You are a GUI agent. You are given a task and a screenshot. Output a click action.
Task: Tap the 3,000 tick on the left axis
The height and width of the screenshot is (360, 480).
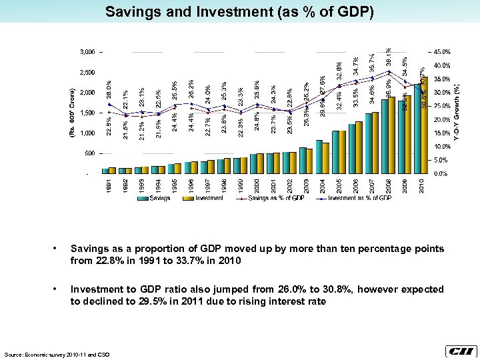(86, 51)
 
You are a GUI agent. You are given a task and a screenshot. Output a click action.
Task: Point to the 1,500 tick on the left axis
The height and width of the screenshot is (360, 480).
(86, 113)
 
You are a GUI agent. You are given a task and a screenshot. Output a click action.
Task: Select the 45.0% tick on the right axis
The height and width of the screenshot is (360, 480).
(441, 51)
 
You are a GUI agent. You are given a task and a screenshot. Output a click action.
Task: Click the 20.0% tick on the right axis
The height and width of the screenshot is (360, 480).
(441, 120)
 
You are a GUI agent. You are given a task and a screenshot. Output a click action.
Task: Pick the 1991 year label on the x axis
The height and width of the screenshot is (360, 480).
(109, 185)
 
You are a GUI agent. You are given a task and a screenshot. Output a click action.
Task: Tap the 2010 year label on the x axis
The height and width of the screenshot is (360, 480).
(421, 185)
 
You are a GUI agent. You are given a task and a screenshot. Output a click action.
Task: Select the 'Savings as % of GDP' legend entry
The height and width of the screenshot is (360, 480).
(273, 198)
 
